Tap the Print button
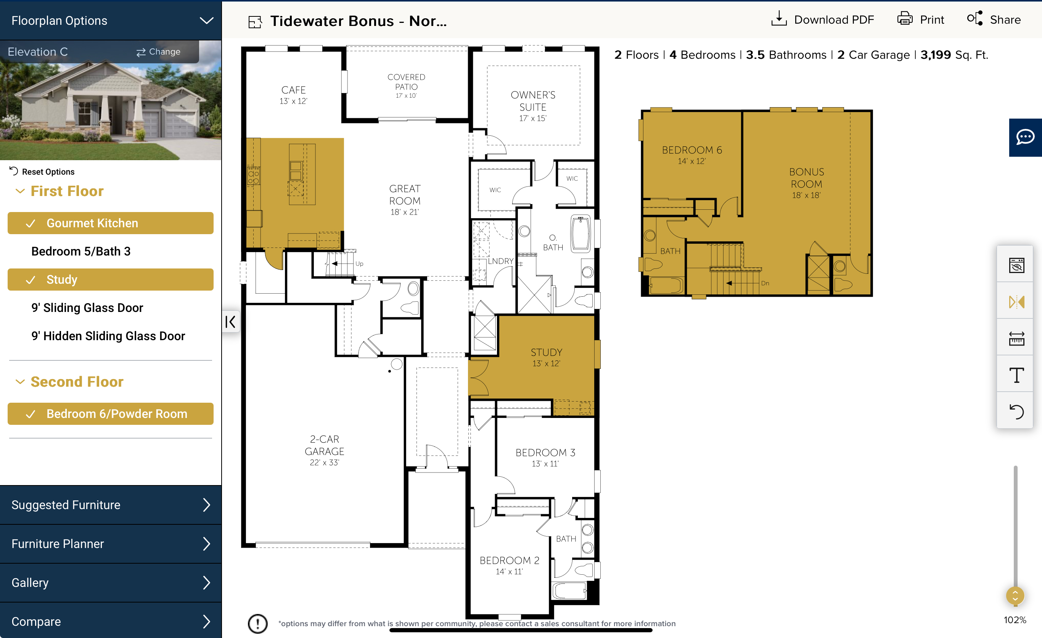(921, 19)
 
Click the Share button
(994, 19)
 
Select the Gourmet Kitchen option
(110, 223)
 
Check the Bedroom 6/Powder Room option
(110, 413)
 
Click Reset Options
(42, 171)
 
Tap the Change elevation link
(158, 51)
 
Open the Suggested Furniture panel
(110, 505)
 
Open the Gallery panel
(110, 583)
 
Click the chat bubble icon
(1025, 137)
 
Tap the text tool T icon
(1016, 374)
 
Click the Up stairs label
(359, 264)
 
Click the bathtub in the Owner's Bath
(580, 234)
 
